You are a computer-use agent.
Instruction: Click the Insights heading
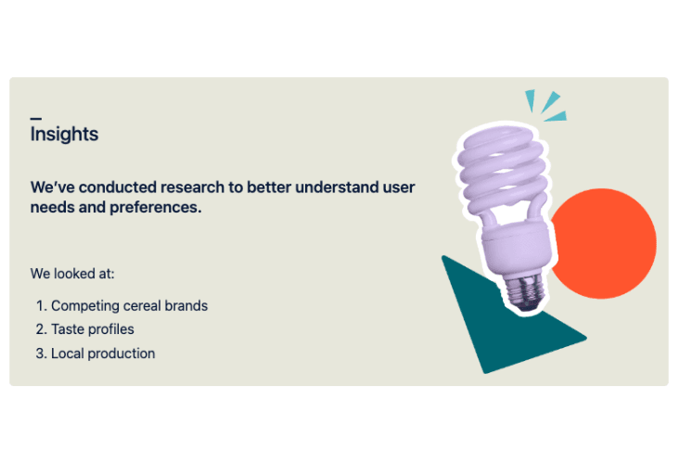[x=65, y=134]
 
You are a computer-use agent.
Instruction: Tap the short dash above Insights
[x=36, y=118]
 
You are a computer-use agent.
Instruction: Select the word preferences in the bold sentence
[x=156, y=208]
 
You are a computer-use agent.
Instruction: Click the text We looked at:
[x=72, y=274]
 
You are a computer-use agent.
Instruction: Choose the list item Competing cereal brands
[x=130, y=306]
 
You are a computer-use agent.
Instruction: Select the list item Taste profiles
[x=93, y=329]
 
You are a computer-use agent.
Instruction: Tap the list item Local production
[x=103, y=354]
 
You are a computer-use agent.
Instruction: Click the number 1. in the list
[x=41, y=306]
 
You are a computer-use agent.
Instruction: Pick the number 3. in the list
[x=41, y=354]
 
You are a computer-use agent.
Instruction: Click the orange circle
[x=607, y=243]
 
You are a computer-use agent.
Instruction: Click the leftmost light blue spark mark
[x=530, y=99]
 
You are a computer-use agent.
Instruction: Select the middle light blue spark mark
[x=550, y=102]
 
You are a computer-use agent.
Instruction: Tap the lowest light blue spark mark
[x=556, y=117]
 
